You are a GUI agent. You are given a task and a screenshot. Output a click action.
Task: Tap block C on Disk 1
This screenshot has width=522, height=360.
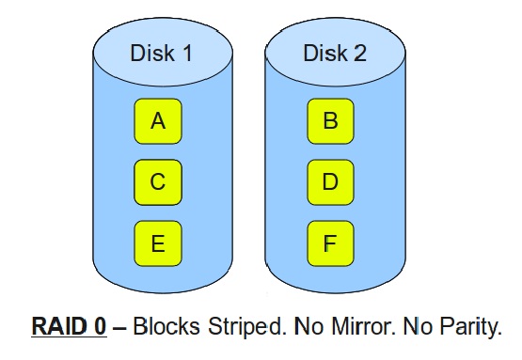click(x=158, y=182)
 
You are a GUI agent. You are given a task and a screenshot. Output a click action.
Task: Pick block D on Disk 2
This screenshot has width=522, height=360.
click(x=330, y=182)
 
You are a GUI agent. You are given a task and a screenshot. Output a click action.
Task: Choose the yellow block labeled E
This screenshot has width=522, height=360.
click(x=158, y=243)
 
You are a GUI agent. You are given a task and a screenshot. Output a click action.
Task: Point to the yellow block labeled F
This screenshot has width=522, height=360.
click(x=330, y=243)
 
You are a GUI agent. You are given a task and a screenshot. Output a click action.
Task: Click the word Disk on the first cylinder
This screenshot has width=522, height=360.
click(x=150, y=54)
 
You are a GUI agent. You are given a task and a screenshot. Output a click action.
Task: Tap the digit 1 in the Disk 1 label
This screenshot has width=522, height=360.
click(x=186, y=54)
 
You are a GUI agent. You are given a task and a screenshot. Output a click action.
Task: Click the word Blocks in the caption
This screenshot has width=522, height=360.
click(x=163, y=328)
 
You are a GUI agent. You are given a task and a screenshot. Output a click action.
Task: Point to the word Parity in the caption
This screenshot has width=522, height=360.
click(x=463, y=328)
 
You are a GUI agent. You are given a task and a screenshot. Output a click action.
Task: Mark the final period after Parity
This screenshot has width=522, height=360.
click(x=496, y=335)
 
